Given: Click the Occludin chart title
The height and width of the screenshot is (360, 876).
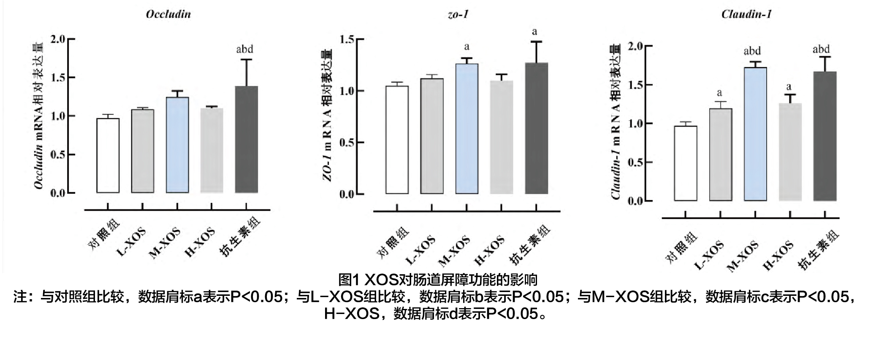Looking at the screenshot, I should (x=168, y=14).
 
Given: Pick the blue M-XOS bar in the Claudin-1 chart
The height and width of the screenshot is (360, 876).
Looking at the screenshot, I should (x=755, y=134).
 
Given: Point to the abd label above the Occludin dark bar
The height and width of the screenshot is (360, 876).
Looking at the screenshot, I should (x=244, y=49).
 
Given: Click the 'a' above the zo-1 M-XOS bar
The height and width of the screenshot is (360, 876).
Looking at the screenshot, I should (x=466, y=47).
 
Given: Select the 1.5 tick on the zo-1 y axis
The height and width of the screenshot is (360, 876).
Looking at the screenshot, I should (x=347, y=40).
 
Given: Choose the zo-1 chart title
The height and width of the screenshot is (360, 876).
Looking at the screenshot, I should (x=458, y=14).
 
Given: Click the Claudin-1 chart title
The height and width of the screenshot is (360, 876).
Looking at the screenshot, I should (x=746, y=14).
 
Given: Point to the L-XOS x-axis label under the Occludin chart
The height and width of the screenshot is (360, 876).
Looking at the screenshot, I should (x=132, y=241).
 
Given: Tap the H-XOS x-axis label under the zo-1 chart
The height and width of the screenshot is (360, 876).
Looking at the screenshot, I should (x=490, y=251).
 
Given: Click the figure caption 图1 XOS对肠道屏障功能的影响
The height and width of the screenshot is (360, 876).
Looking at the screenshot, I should (x=438, y=279).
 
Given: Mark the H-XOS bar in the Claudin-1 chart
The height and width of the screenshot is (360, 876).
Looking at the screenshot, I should (x=790, y=152).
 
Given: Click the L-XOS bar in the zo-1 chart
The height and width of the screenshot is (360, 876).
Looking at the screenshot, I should (x=431, y=136).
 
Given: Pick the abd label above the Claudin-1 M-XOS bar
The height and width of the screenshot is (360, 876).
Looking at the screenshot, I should (x=752, y=51).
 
